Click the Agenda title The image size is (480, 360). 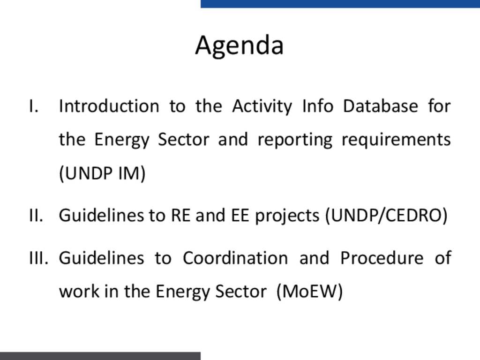tap(240, 46)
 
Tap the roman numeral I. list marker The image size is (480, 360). tap(34, 106)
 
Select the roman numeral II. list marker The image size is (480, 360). tap(36, 215)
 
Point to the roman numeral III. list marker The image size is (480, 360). tap(38, 258)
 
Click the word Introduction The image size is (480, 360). tap(109, 106)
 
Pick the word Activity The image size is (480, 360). tap(262, 107)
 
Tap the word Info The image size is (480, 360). tap(318, 106)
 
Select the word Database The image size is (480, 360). tap(381, 106)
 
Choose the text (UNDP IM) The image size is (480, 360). tap(102, 173)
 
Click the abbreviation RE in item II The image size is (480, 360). tap(180, 215)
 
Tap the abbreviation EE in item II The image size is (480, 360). tap(240, 215)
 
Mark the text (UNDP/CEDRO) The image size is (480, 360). tap(386, 216)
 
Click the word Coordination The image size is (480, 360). tap(235, 258)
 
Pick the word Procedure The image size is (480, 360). tap(382, 258)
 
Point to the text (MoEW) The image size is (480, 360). tap(309, 291)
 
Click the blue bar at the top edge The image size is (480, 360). tap(340, 4)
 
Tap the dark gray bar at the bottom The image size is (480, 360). tap(100, 356)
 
